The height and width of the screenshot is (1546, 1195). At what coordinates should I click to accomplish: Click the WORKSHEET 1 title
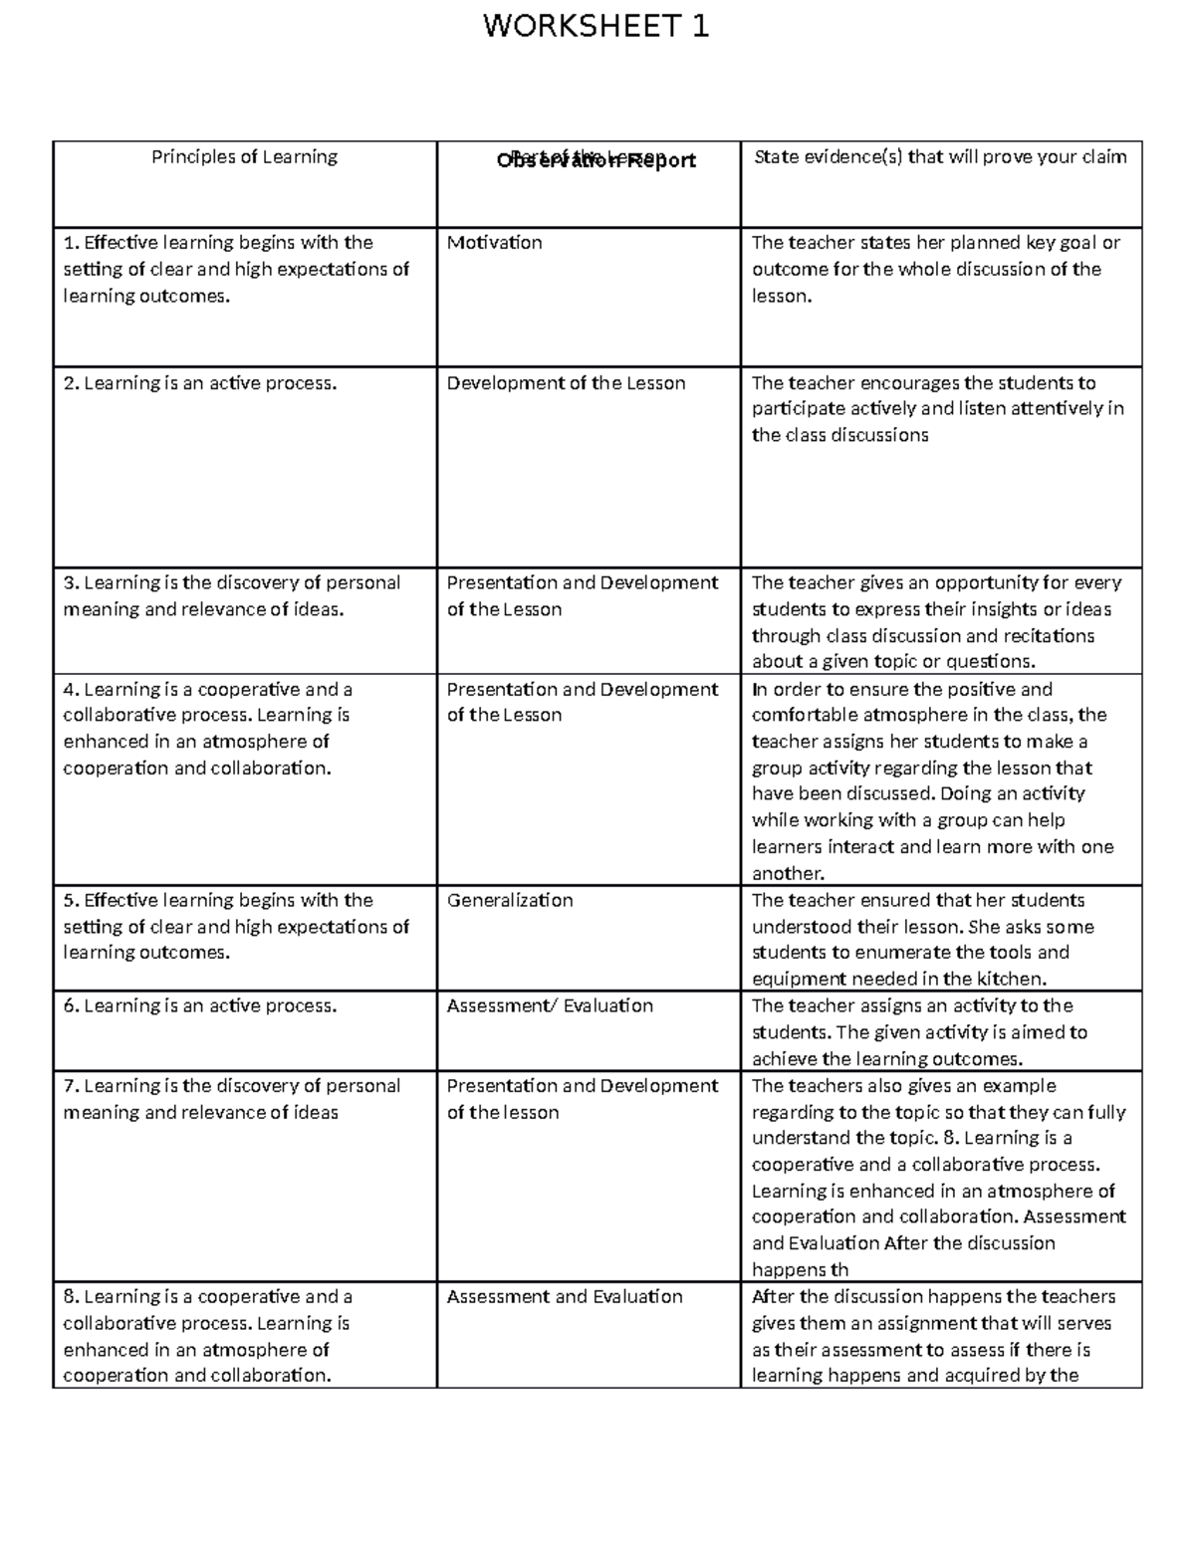tap(596, 27)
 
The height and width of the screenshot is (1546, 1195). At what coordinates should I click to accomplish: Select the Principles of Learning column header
tap(244, 157)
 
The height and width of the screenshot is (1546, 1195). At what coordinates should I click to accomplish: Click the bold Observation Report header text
tap(596, 160)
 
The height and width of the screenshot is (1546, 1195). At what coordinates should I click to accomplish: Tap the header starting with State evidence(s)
tap(940, 157)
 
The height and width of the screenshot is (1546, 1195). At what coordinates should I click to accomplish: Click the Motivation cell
tap(494, 243)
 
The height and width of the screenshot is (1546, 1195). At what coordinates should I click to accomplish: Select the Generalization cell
tap(510, 901)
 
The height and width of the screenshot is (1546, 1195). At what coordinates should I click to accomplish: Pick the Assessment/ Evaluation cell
tap(550, 1006)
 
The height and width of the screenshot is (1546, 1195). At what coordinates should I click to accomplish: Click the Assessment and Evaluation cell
tap(565, 1297)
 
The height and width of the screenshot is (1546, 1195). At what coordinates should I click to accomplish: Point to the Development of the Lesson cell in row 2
tap(566, 383)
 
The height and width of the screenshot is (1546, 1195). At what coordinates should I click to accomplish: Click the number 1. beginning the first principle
tap(70, 243)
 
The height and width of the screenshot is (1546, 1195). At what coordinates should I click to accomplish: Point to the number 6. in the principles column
tap(71, 1006)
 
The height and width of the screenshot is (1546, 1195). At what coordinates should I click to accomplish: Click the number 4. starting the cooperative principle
tap(71, 690)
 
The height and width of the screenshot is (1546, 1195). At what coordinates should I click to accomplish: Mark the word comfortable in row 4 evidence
tap(802, 716)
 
